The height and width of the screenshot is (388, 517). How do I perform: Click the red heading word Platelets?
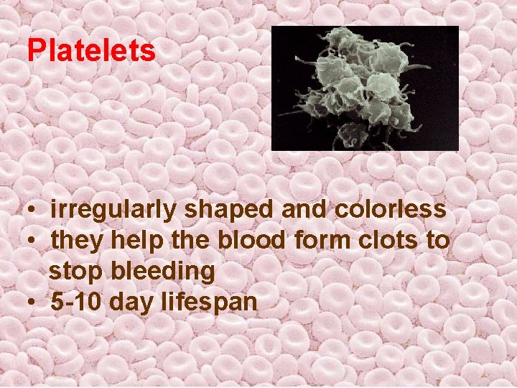coord(91,50)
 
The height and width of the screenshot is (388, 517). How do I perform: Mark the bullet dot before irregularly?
coord(34,211)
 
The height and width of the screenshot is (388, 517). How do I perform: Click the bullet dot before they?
coord(34,242)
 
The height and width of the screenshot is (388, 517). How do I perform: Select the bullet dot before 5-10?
coord(34,302)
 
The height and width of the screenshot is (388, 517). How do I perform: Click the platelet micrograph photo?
coord(364,88)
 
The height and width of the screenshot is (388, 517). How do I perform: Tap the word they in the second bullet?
coord(78,241)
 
